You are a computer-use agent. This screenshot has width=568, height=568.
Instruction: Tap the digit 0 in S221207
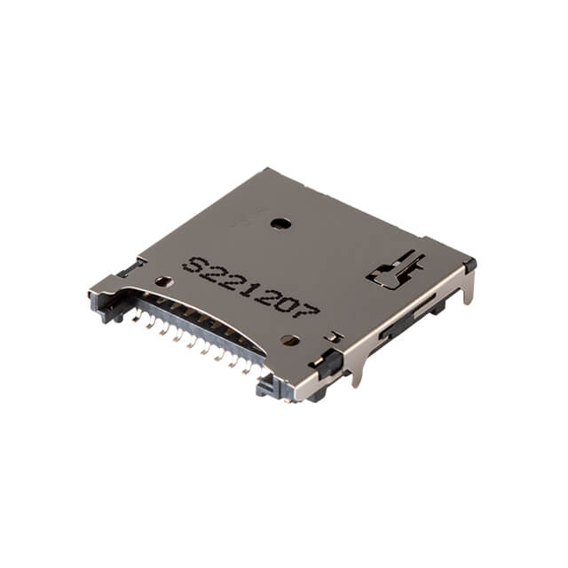pyautogui.click(x=289, y=303)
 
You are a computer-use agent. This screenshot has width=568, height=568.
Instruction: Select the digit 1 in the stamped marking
pyautogui.click(x=250, y=287)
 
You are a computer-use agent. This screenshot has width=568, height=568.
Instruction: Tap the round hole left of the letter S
pyautogui.click(x=163, y=281)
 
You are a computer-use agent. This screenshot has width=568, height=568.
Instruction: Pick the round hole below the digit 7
pyautogui.click(x=289, y=339)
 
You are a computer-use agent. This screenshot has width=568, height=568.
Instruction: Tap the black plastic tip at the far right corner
pyautogui.click(x=469, y=264)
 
